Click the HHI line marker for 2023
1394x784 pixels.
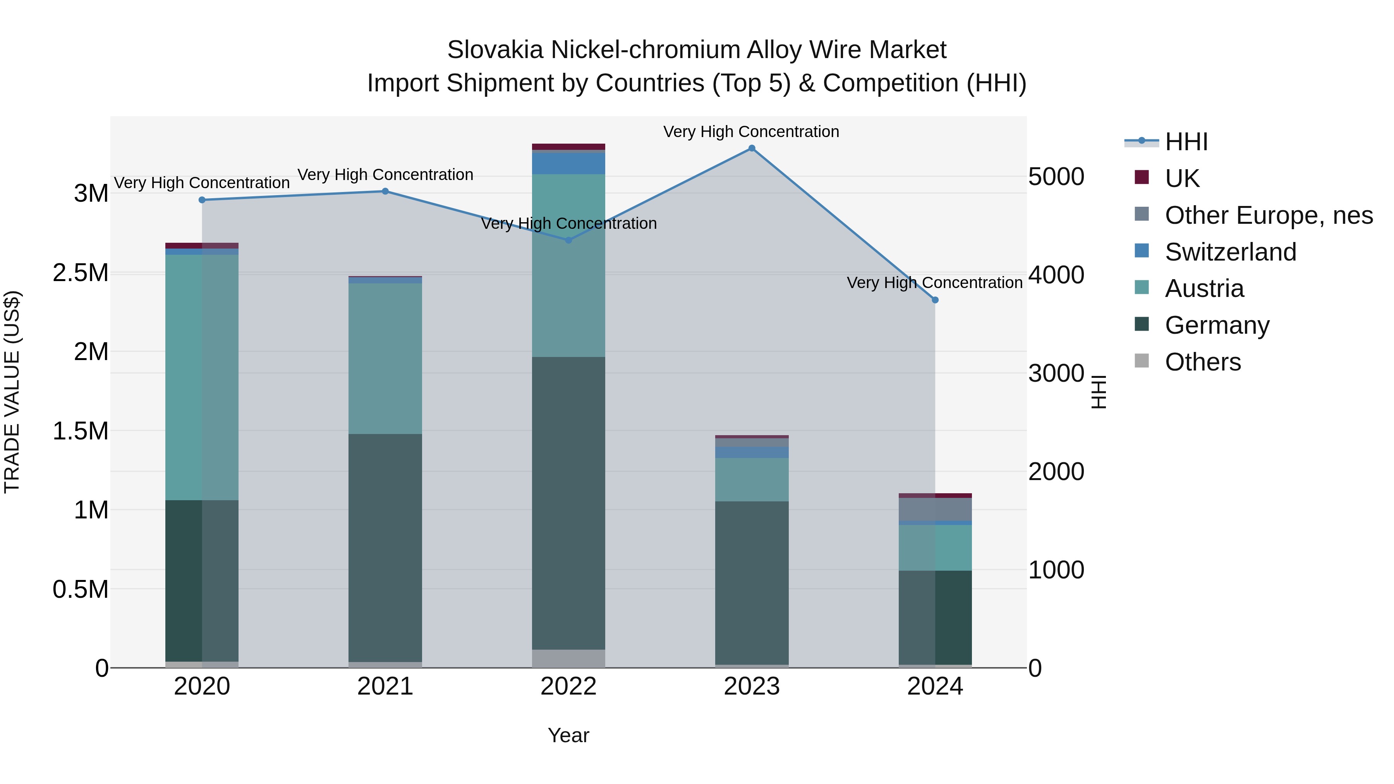coord(752,148)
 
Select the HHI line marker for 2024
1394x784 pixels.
coord(935,300)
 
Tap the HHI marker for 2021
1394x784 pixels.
coord(385,191)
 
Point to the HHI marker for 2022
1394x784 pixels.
coord(568,240)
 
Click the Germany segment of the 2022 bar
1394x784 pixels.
coord(568,503)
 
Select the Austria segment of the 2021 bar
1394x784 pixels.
coord(385,358)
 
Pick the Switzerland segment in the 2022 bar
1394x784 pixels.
coord(568,163)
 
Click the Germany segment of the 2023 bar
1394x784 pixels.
coord(752,583)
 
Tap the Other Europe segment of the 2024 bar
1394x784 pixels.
coord(935,509)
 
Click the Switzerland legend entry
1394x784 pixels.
coord(1230,252)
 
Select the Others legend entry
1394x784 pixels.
coord(1202,362)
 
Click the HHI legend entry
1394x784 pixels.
coord(1186,142)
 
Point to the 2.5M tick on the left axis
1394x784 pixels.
coord(81,273)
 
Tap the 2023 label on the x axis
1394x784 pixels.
coord(752,686)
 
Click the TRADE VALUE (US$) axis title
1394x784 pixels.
coord(12,392)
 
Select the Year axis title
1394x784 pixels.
coord(568,735)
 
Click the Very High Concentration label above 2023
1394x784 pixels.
coord(751,132)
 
